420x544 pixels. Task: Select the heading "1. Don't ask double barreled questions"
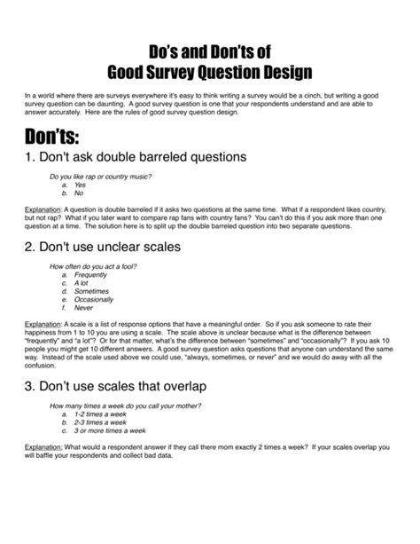point(135,157)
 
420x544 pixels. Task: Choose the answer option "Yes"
point(81,185)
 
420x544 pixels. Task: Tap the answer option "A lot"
point(82,283)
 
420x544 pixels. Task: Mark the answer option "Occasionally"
point(93,300)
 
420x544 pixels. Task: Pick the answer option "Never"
point(83,308)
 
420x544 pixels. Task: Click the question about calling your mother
point(125,405)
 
